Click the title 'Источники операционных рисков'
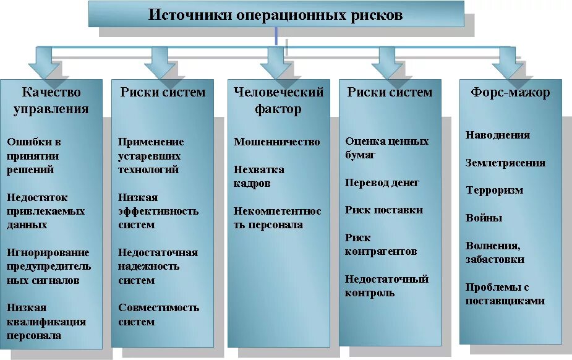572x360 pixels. [275, 15]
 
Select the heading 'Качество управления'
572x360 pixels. [51, 101]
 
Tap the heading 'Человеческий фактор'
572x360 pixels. [278, 101]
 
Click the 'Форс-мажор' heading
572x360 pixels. [510, 93]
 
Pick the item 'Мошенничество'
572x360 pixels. [276, 142]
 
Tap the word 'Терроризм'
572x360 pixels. [494, 190]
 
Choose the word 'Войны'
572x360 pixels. [484, 218]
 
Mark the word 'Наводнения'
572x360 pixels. [497, 135]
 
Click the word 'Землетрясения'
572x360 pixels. [505, 163]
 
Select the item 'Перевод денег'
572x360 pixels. [382, 182]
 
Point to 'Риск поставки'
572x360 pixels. [383, 210]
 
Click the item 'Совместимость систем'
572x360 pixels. [158, 314]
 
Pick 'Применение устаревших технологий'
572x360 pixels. [150, 155]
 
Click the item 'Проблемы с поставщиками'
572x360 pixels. [505, 294]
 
